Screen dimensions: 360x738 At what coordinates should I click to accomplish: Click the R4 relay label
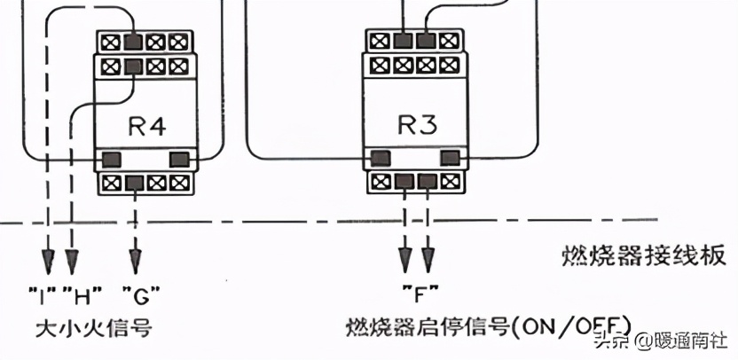point(143,126)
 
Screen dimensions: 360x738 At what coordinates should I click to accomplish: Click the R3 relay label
point(415,126)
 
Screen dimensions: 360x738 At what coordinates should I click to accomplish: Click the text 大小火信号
point(93,328)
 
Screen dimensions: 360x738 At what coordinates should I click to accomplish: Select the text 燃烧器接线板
point(645,258)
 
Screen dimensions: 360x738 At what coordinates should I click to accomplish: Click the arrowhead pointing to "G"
point(135,261)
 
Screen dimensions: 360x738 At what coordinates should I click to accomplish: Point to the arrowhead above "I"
point(48,261)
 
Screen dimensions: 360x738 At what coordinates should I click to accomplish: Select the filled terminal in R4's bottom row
point(135,184)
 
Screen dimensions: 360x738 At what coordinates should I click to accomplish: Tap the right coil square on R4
point(179,159)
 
